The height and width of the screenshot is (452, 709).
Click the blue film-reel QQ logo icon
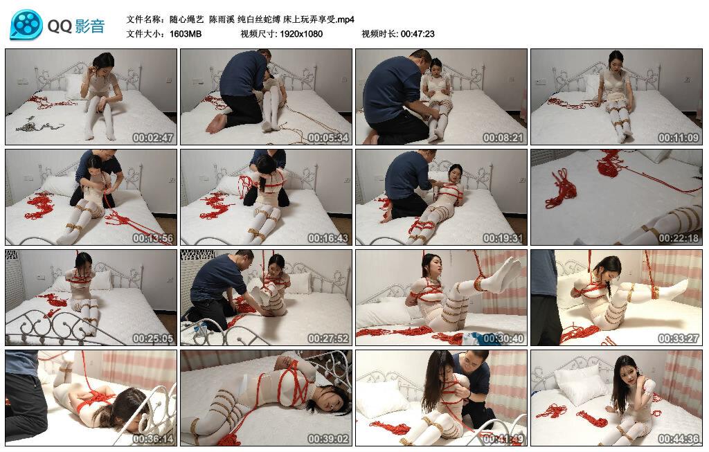pos(26,25)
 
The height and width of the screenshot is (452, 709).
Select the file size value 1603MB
pos(186,34)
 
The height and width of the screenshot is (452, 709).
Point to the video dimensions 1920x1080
pos(301,34)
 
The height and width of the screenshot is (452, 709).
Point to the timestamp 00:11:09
pos(679,138)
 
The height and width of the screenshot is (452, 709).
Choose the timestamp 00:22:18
pos(679,238)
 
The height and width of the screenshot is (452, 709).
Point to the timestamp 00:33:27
pos(679,338)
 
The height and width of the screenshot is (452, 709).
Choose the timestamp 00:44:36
pos(679,439)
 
